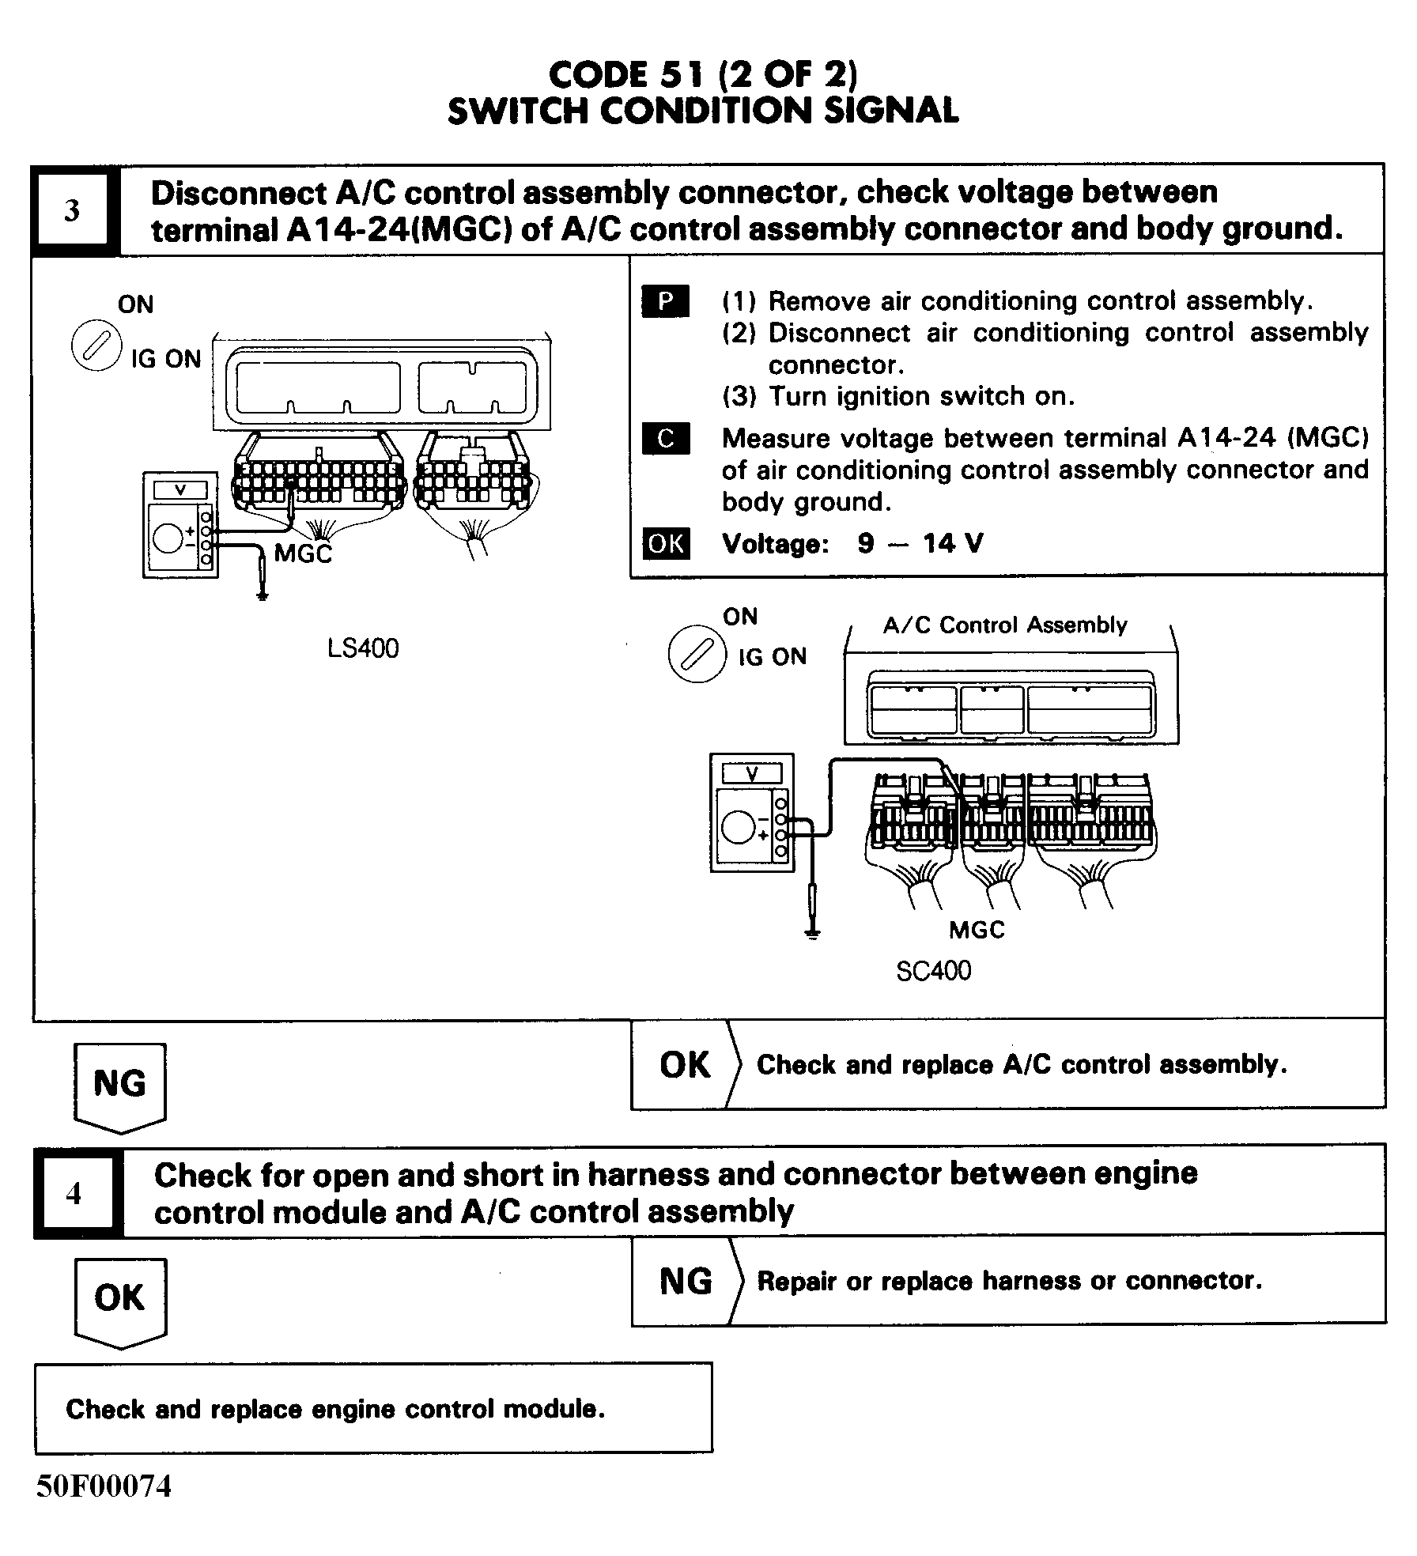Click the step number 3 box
[x=72, y=210]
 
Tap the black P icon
[x=666, y=301]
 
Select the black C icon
[x=666, y=439]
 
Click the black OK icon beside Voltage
[x=666, y=543]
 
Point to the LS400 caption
[x=363, y=648]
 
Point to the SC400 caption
[x=933, y=970]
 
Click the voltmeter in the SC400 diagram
[x=752, y=812]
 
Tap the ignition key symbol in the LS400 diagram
[x=96, y=348]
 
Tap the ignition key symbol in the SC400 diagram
[x=697, y=655]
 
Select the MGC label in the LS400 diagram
[x=303, y=553]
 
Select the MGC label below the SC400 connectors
[x=977, y=929]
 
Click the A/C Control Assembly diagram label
[x=1005, y=625]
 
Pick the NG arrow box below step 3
[x=119, y=1084]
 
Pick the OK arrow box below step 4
[x=119, y=1298]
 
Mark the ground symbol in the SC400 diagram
[x=812, y=935]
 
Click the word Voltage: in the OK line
[x=774, y=544]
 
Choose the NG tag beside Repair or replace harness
[x=686, y=1280]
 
